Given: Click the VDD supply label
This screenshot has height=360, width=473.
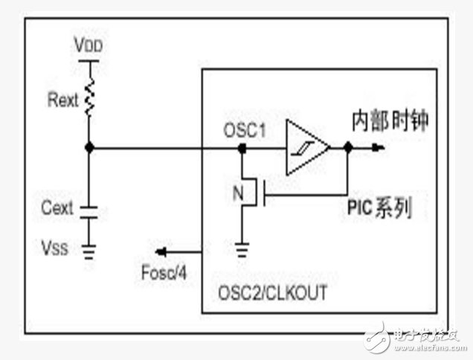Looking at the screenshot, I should [x=89, y=45].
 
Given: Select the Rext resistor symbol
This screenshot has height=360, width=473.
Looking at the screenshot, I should [x=89, y=98].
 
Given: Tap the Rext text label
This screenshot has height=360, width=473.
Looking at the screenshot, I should [x=62, y=100].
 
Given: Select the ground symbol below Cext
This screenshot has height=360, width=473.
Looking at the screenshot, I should [x=89, y=252].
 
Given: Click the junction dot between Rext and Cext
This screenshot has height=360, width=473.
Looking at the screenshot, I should [x=89, y=148].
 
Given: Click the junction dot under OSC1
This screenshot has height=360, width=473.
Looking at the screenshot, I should [x=242, y=149].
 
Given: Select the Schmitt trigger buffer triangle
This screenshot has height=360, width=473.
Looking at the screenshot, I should [x=306, y=148].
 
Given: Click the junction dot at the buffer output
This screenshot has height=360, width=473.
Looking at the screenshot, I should [x=347, y=148].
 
